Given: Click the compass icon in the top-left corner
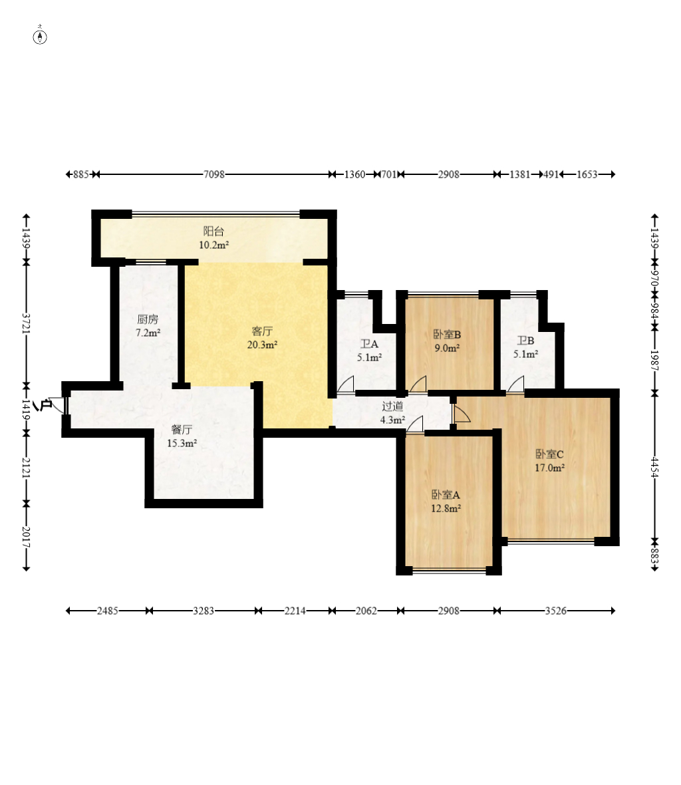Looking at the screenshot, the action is point(40,37).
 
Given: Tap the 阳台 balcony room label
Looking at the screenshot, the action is point(213,232).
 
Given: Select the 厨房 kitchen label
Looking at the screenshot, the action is point(148,319).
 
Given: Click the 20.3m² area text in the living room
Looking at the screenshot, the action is point(262,345).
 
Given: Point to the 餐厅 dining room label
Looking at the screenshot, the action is point(182,430).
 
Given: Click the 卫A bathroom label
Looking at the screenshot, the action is point(369,345).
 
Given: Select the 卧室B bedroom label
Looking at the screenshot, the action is point(447,335).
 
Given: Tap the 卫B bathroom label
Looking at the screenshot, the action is point(525,341).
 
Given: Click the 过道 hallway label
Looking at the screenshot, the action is point(392,406).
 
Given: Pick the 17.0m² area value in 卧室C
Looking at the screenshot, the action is point(550,468).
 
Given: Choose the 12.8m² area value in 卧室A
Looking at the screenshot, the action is point(446,509).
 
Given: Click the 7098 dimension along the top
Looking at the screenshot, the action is point(214,174).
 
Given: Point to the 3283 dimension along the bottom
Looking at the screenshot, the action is point(204,611).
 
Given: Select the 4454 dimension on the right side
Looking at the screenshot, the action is point(654,467).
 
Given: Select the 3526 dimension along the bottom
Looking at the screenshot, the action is point(556,611).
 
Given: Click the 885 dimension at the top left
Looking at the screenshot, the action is point(81,174).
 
